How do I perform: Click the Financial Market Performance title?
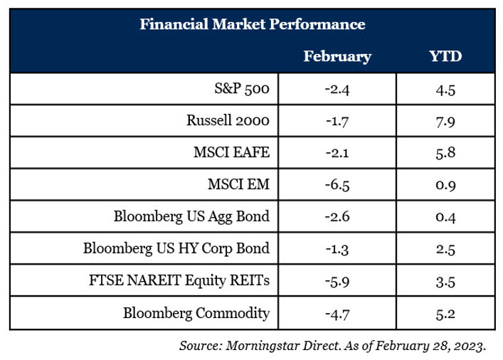[253, 24]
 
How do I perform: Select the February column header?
[337, 56]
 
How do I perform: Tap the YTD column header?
[445, 55]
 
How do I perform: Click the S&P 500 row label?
[242, 88]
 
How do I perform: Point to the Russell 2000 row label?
[228, 120]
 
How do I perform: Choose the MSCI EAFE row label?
[232, 152]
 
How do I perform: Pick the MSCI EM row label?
[238, 184]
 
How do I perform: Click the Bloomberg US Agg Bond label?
[191, 216]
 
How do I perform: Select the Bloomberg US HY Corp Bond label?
[176, 249]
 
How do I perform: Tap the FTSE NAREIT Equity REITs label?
[179, 280]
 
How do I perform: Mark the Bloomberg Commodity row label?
[196, 313]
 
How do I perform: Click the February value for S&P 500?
[337, 89]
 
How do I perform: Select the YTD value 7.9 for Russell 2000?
[445, 122]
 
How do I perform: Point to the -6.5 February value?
[337, 185]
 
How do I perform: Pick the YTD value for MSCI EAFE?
[445, 153]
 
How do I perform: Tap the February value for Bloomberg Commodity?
[337, 314]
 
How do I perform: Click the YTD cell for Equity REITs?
[445, 282]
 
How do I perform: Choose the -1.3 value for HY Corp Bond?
[337, 249]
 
